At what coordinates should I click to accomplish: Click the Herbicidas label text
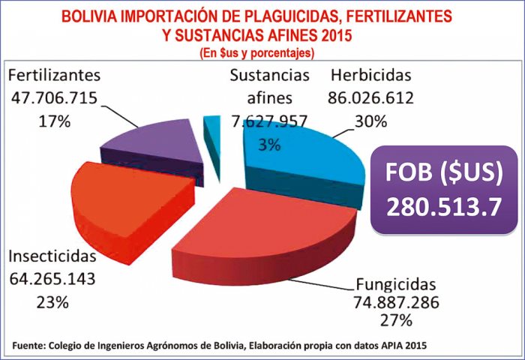pyautogui.click(x=371, y=76)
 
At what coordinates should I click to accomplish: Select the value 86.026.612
pyautogui.click(x=371, y=97)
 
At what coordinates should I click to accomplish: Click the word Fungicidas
pyautogui.click(x=394, y=286)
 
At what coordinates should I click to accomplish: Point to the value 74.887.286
pyautogui.click(x=394, y=303)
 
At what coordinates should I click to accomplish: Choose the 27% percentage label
pyautogui.click(x=394, y=321)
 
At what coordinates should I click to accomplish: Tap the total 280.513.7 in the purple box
pyautogui.click(x=444, y=207)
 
